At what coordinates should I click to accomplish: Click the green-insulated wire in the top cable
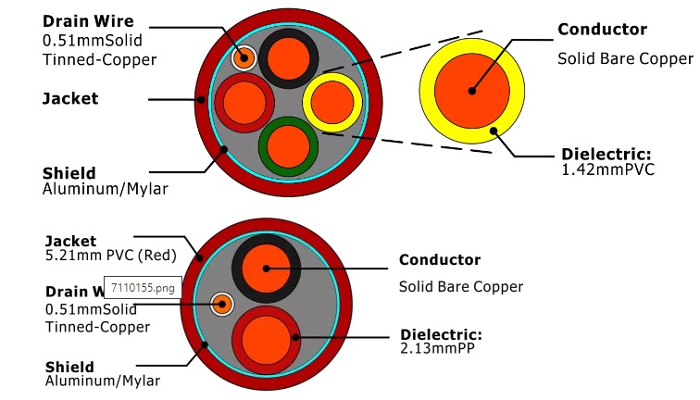[x=288, y=144]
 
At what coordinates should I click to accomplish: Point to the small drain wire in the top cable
[x=244, y=57]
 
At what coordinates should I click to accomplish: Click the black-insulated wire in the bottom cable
[x=266, y=267]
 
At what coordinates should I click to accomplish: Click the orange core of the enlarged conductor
[x=471, y=91]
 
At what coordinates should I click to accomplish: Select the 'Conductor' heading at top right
[x=602, y=30]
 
